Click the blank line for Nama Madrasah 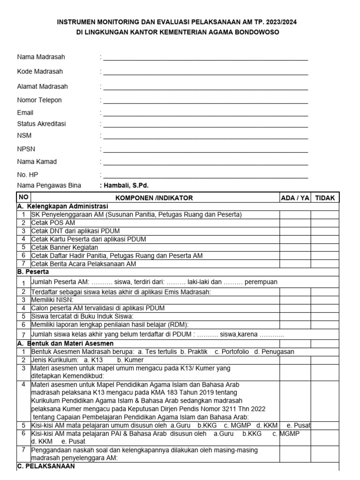point(205,58)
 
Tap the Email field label point(25,112)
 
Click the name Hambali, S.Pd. point(126,186)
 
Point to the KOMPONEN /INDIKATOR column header point(154,198)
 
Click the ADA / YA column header point(295,198)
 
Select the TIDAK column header point(325,198)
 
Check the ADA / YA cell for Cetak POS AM point(295,223)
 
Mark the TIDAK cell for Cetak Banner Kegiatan point(325,247)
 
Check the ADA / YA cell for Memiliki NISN point(295,300)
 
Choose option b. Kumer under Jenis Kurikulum point(124,360)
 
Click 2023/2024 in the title point(278,22)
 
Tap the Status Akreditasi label point(41,124)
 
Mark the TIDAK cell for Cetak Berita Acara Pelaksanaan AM point(325,264)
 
